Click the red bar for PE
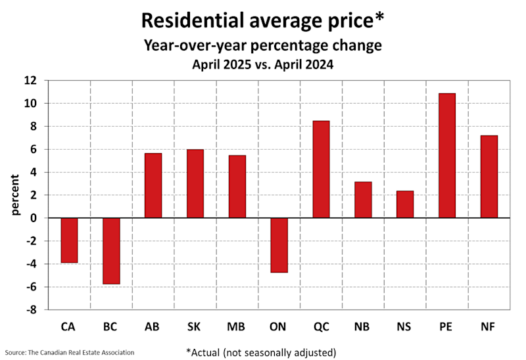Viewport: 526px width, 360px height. (x=446, y=156)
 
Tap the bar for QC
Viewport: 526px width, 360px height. (x=321, y=169)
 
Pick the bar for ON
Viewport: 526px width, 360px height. (x=279, y=245)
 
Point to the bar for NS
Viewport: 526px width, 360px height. (x=405, y=204)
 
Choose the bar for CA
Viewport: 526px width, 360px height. (x=68, y=240)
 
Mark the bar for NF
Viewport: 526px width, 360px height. (x=489, y=177)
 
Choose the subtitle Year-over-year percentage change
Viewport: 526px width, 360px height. (x=263, y=46)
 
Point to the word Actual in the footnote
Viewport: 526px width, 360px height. (x=209, y=351)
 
